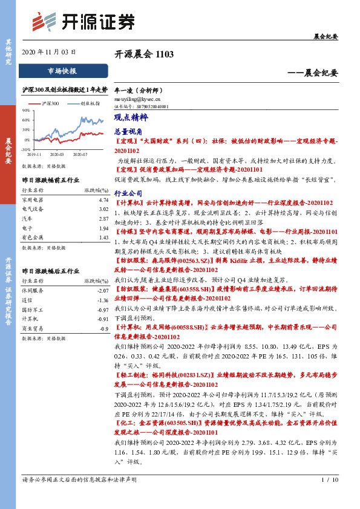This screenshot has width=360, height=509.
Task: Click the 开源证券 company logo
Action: tap(82, 21)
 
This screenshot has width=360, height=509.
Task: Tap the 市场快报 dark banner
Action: tap(62, 71)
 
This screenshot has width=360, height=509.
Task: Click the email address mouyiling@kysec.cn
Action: tap(137, 98)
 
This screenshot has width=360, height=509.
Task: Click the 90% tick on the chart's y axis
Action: tap(26, 110)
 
